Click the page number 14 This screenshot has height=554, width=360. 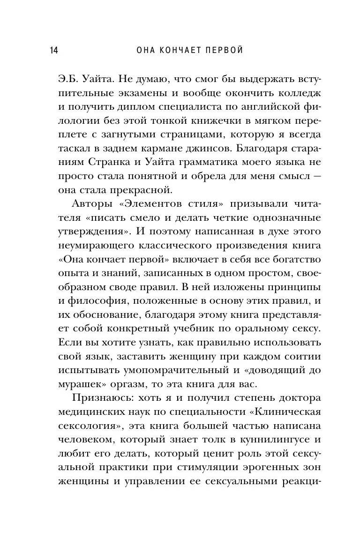point(52,50)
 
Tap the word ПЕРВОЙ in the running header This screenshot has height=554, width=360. point(223,50)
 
